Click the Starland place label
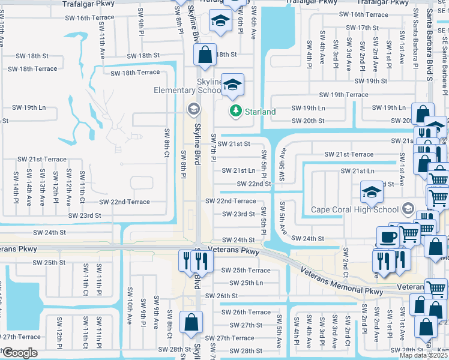coord(261,112)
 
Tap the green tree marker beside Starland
coord(235,111)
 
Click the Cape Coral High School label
coord(354,209)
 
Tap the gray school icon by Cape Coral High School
coord(408,209)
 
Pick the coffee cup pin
coord(387,237)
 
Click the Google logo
coord(20,353)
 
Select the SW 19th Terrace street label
coord(343,95)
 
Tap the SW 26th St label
coord(221,296)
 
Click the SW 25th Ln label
coord(246,283)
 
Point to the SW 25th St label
coord(49,262)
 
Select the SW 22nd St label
coord(254,184)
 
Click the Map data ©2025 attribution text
coord(424,355)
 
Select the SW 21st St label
coord(234,144)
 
